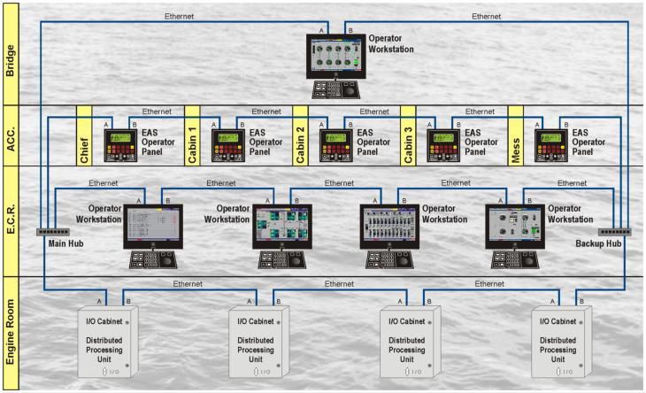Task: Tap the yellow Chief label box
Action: [x=84, y=135]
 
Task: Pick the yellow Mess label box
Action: [x=516, y=135]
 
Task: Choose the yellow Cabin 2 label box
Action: [x=300, y=135]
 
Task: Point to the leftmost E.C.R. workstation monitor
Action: [x=152, y=225]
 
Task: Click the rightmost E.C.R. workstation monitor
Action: [x=514, y=225]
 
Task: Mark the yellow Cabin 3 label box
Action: [x=408, y=135]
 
